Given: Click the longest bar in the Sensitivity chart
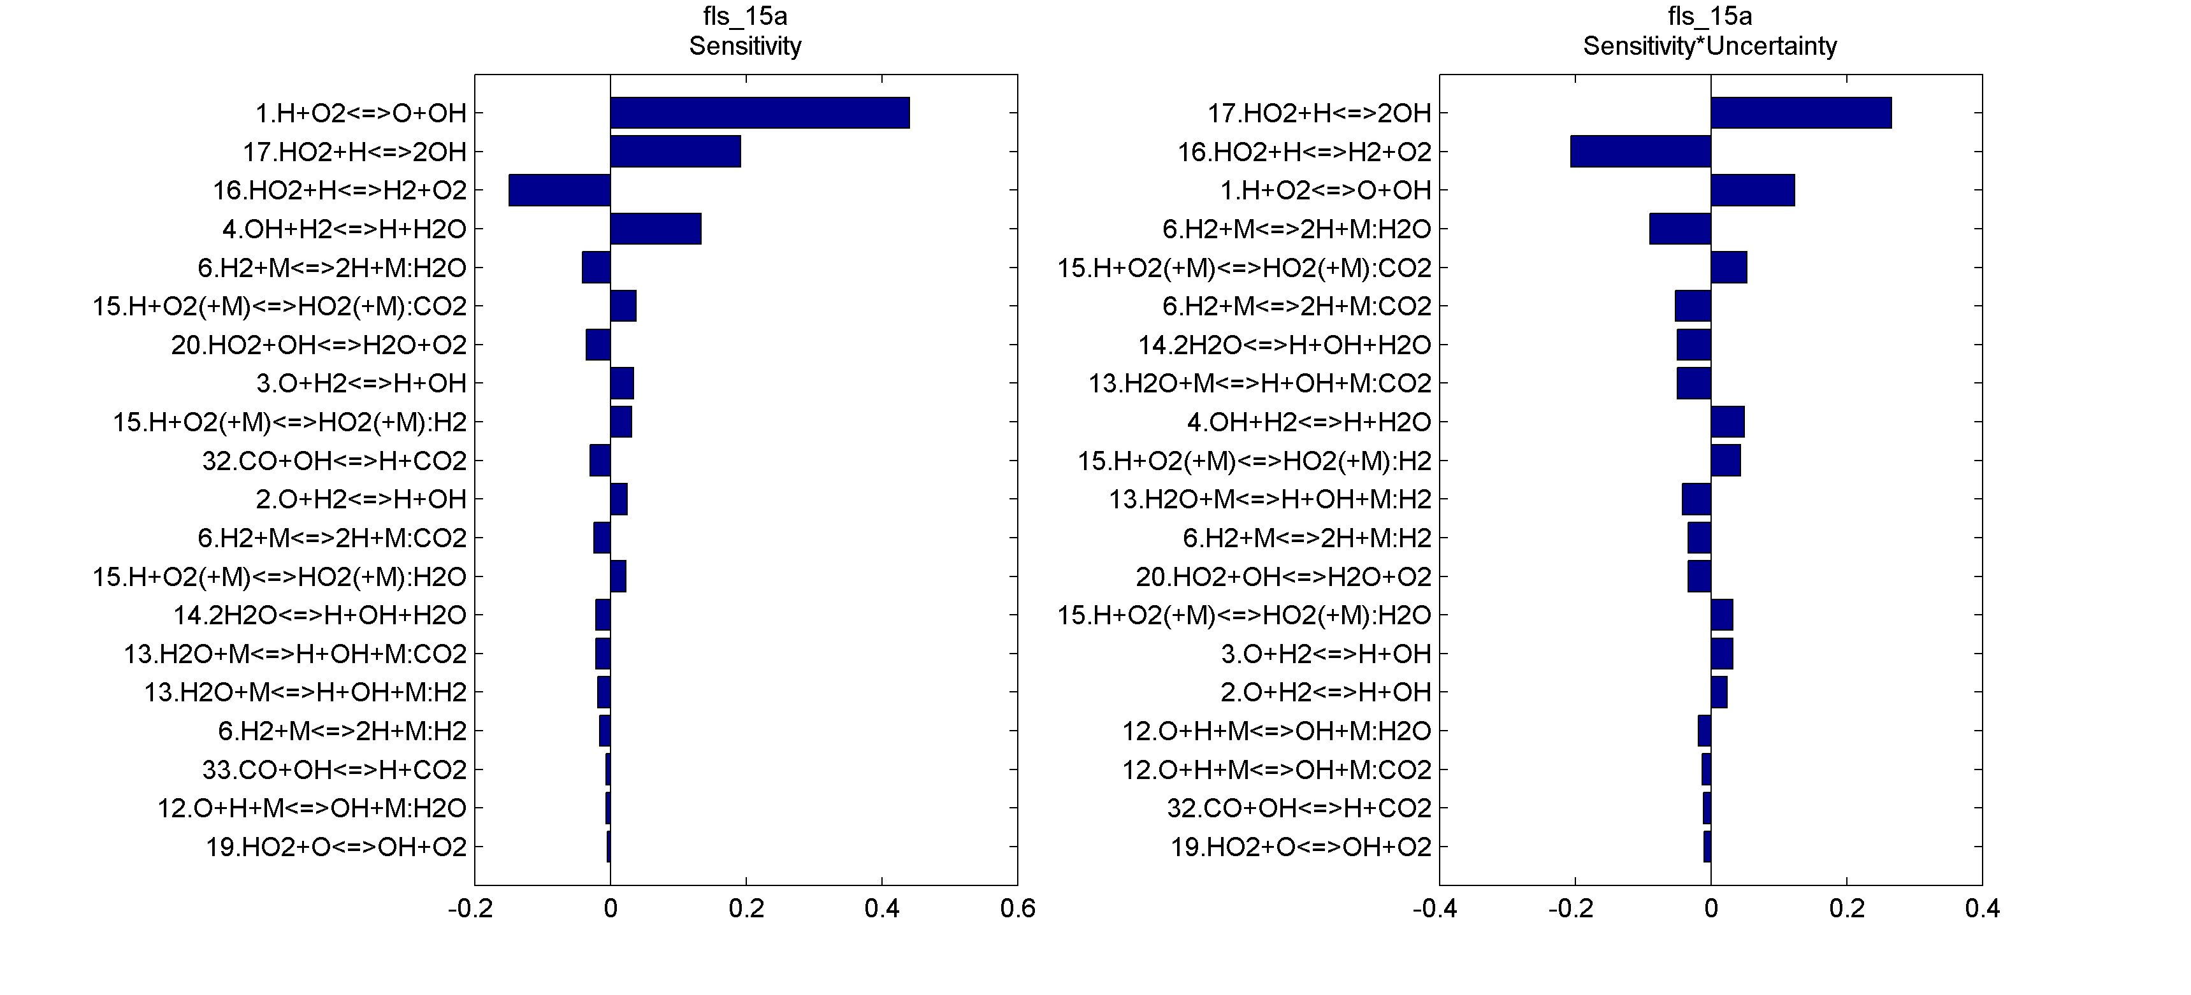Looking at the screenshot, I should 760,113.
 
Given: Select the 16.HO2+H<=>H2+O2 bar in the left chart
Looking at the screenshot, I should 560,190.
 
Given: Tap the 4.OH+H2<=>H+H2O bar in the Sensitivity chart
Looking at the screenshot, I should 656,229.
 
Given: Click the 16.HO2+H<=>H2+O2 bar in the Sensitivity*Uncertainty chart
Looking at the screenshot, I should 1640,152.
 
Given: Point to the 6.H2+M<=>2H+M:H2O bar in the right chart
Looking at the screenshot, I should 1680,229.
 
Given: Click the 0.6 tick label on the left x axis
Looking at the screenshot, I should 1017,909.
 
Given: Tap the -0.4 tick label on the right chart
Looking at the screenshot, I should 1435,909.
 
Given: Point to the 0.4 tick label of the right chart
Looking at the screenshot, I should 1982,909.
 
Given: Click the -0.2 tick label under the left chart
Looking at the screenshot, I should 470,909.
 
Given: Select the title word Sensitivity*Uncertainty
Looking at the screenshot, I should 1710,46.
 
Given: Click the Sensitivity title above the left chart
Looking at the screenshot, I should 745,46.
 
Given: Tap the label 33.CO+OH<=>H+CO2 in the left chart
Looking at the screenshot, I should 335,770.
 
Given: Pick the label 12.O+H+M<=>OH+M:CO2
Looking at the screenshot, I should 1276,770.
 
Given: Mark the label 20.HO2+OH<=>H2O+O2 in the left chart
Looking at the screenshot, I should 319,345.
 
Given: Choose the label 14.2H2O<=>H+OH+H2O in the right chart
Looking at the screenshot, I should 1284,345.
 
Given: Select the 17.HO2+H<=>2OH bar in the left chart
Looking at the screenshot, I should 676,152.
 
